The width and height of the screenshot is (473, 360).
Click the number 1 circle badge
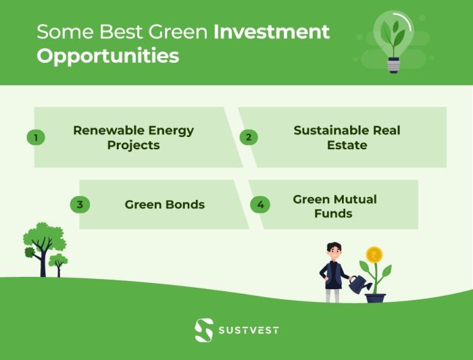point(35,137)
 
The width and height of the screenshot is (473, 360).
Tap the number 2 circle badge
point(249,137)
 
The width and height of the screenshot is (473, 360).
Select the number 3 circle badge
point(80,205)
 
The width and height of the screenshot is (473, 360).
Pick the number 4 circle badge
point(260,205)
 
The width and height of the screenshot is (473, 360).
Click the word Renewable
point(103,130)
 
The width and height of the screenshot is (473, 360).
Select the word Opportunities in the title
point(107,55)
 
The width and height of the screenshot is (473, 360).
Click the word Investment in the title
point(272,32)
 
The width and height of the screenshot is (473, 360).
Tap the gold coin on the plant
point(374,255)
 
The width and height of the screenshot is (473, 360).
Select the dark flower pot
point(375,297)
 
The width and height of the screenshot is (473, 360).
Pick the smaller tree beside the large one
point(58,263)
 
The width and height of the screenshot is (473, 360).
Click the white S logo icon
point(203,330)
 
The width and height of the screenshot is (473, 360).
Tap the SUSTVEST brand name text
point(248,330)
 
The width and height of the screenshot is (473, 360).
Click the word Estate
point(349,145)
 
